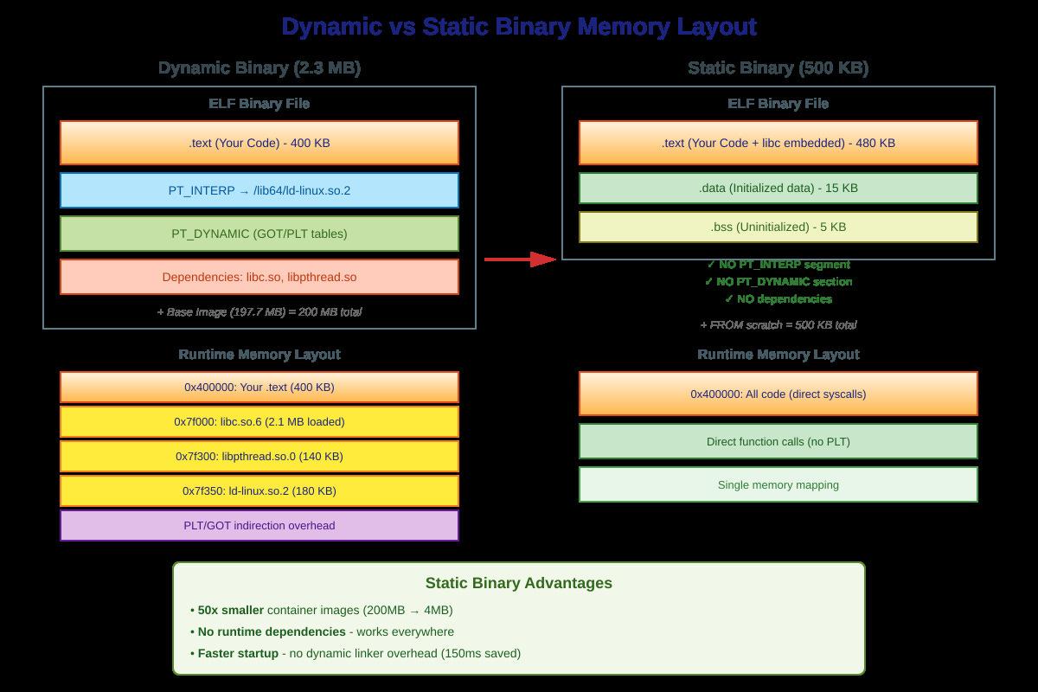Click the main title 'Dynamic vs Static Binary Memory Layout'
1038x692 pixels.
click(519, 27)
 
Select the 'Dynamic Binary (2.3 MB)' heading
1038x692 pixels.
click(259, 68)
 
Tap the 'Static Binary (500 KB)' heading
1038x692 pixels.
click(778, 68)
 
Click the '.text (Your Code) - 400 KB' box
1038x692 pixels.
click(259, 143)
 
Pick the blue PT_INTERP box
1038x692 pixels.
click(259, 190)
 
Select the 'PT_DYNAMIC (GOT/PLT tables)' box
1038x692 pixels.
click(259, 234)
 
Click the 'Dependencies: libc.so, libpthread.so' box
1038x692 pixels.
click(259, 277)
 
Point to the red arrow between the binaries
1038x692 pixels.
click(519, 259)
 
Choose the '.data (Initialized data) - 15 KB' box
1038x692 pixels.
click(778, 188)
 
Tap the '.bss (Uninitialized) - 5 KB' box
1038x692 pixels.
click(778, 227)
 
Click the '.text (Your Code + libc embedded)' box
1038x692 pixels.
click(778, 143)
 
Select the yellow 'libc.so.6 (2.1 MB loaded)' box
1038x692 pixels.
click(259, 421)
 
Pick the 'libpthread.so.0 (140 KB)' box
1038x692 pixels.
click(259, 456)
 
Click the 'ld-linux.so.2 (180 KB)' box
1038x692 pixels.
click(259, 490)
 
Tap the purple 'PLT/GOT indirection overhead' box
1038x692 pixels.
click(259, 525)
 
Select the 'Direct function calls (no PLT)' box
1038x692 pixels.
click(778, 441)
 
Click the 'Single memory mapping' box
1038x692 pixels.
click(778, 484)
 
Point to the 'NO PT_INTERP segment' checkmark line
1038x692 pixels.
click(778, 265)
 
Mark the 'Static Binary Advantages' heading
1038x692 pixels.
click(519, 583)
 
